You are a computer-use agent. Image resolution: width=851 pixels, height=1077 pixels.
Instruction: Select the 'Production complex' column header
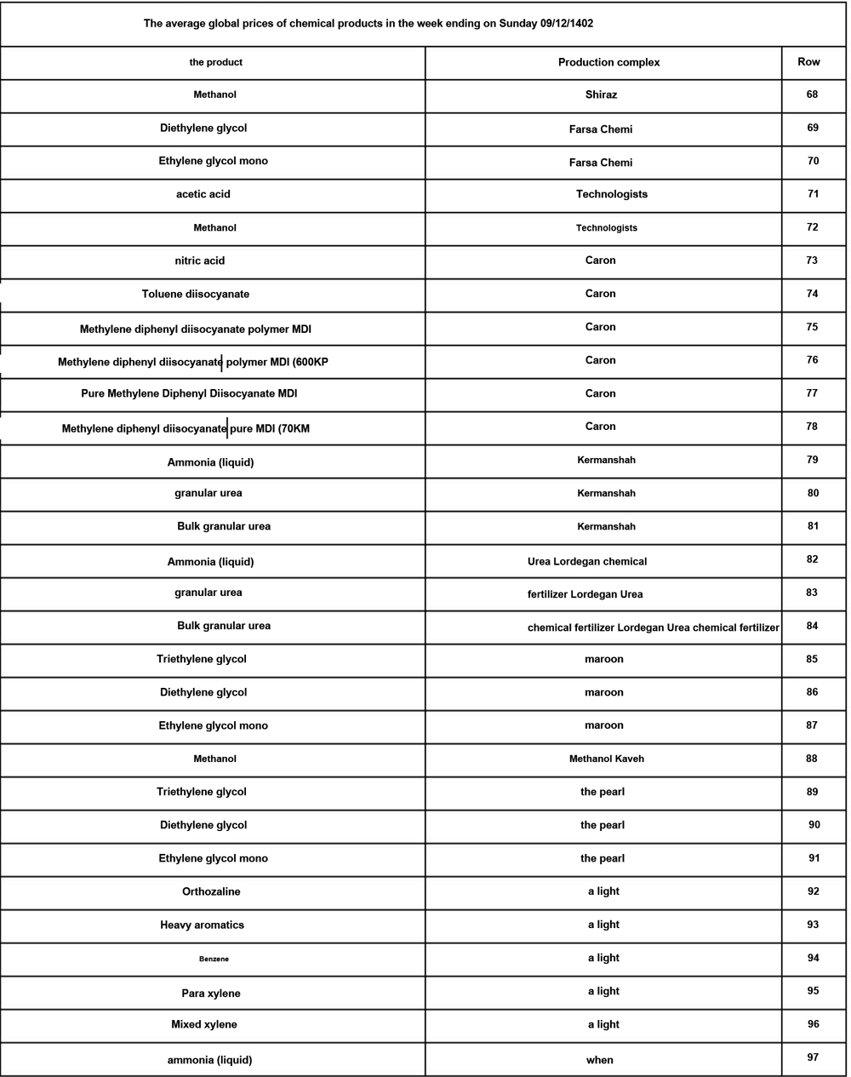(608, 62)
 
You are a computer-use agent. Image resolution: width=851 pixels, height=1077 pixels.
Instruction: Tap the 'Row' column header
(808, 61)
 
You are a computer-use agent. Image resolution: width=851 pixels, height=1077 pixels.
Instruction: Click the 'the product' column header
(215, 62)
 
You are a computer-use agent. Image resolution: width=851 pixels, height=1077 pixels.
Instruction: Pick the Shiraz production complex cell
(601, 95)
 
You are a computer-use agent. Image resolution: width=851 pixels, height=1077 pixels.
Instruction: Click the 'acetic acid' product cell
(203, 194)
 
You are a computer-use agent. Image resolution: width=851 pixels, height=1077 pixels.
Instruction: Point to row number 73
(812, 260)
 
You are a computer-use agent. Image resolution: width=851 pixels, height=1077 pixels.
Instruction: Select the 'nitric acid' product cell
(200, 261)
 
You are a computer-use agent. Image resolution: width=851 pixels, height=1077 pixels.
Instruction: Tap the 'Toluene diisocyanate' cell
(196, 294)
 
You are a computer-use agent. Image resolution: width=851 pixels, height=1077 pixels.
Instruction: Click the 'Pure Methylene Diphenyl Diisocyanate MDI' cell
(189, 393)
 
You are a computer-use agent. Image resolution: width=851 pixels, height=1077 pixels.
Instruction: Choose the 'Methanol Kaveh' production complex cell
(607, 759)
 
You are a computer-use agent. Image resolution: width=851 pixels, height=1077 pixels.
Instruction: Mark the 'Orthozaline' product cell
(211, 891)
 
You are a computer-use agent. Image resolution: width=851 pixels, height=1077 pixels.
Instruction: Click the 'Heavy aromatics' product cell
(202, 925)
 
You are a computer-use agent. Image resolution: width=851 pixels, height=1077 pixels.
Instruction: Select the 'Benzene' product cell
(214, 959)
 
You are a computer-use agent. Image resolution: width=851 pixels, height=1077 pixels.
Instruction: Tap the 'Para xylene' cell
(211, 994)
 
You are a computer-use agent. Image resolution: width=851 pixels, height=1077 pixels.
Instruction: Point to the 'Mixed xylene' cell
(204, 1024)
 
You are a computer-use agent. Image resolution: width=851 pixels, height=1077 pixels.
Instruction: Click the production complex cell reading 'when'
(600, 1060)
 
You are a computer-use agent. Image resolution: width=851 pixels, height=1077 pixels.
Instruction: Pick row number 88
(812, 758)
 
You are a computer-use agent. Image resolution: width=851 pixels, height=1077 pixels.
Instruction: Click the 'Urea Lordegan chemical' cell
(587, 561)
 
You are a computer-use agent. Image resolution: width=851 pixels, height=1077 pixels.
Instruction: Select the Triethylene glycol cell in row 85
(202, 659)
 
